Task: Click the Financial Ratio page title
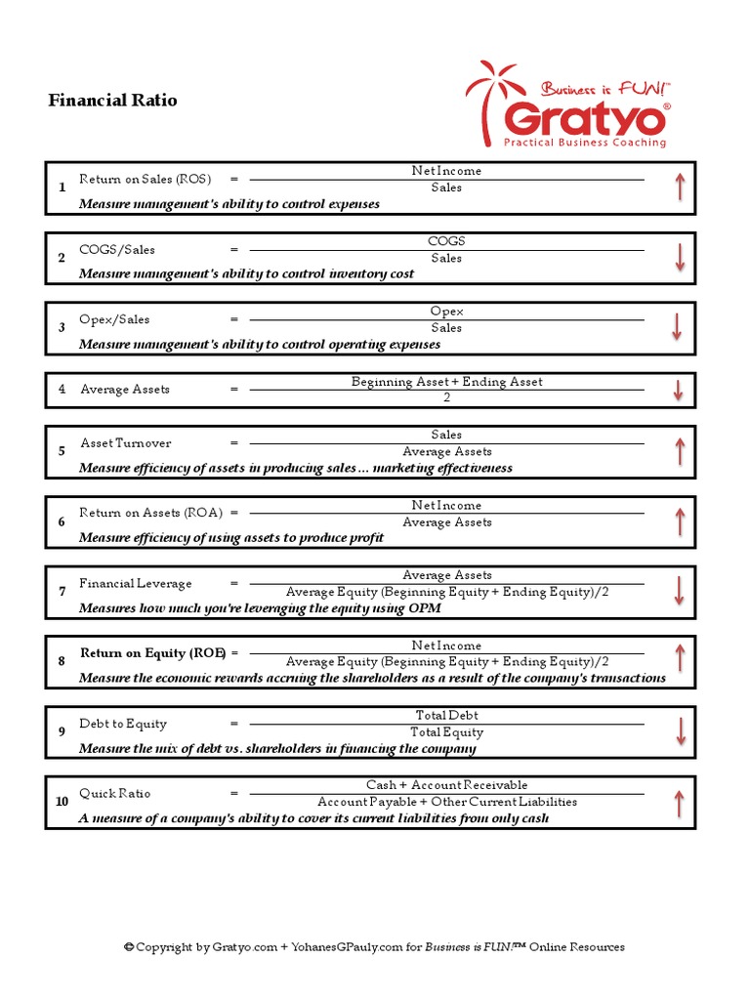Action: tap(113, 101)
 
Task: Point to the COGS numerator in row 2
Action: tap(446, 241)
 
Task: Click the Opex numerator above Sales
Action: tap(446, 312)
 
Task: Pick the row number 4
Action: tap(62, 390)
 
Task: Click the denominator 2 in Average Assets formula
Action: tap(446, 398)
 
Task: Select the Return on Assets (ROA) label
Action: tap(151, 513)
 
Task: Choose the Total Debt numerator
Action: tap(446, 716)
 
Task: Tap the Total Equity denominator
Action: tap(446, 732)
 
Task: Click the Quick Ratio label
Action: tap(115, 794)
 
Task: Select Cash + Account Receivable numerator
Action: tap(446, 785)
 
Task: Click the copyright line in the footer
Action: tap(374, 947)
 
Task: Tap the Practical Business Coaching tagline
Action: tap(584, 143)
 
